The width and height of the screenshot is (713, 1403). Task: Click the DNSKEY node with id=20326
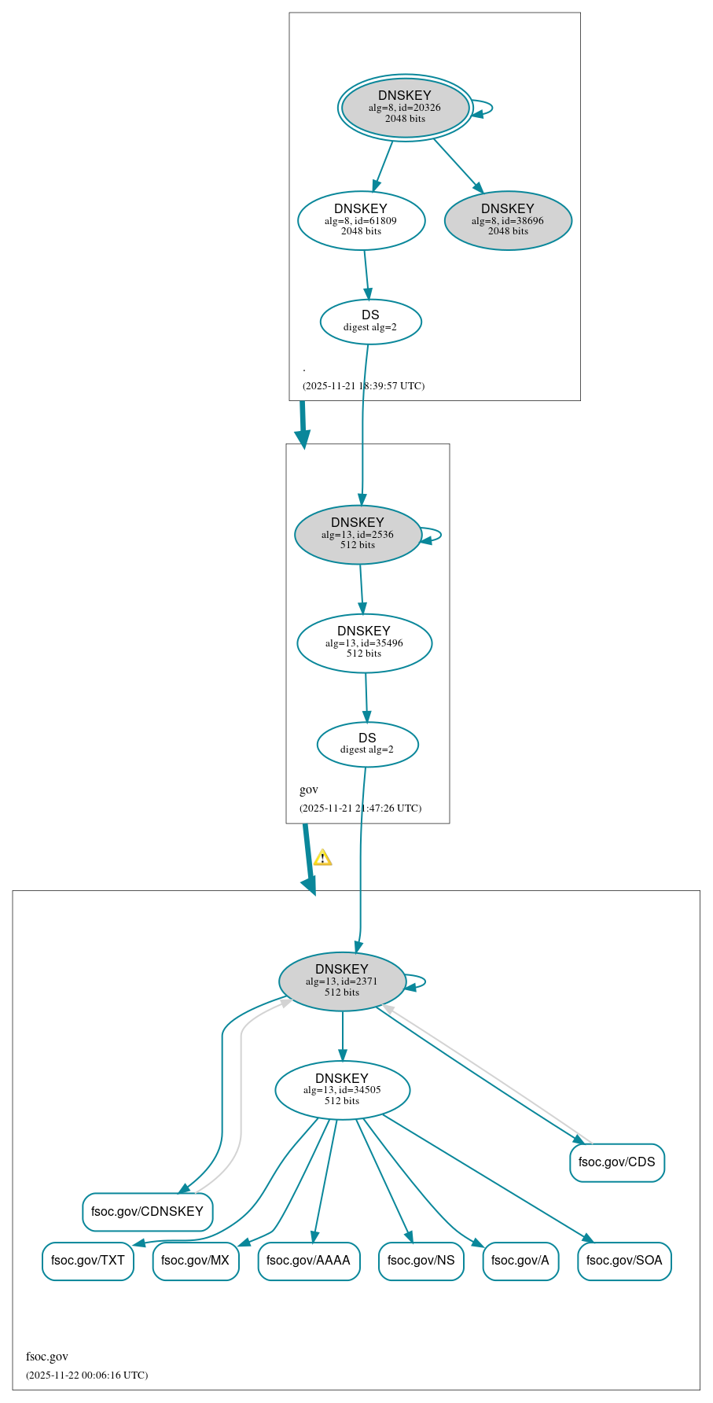[405, 108]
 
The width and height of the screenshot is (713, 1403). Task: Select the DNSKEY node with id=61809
[361, 220]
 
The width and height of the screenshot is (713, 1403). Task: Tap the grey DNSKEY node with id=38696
[508, 220]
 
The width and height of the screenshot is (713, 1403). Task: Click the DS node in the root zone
[370, 321]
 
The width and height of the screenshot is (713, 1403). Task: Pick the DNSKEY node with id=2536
[358, 534]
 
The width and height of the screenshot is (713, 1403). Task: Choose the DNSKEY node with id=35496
[364, 643]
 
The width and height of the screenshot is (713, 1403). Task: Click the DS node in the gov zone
[367, 744]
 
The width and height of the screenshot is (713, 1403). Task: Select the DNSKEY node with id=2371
[342, 981]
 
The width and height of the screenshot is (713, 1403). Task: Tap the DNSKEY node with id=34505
[342, 1089]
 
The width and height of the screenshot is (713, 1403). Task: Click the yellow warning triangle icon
[322, 858]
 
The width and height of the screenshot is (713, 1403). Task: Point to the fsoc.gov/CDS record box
[616, 1162]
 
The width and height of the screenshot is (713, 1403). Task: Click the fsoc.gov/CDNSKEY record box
[147, 1211]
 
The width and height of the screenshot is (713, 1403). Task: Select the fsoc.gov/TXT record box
[87, 1261]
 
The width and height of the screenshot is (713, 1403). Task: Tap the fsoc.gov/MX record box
[195, 1261]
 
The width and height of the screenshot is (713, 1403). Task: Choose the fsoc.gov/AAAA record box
[308, 1261]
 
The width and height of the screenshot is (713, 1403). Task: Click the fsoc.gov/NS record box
[421, 1261]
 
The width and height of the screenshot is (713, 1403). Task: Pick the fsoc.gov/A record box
[520, 1261]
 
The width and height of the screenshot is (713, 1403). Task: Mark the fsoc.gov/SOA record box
[624, 1261]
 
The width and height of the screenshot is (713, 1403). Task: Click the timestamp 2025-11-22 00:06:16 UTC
[86, 1375]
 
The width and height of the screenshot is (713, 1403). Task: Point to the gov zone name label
[309, 790]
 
